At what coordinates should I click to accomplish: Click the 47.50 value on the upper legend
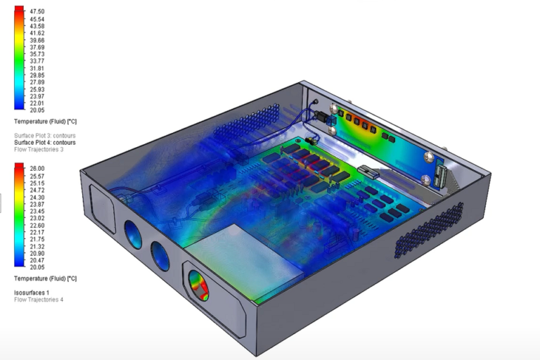pyautogui.click(x=37, y=11)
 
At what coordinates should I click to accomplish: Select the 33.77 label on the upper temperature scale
pyautogui.click(x=37, y=61)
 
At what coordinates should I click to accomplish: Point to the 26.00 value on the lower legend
pyautogui.click(x=37, y=169)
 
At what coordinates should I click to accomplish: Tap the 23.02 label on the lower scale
pyautogui.click(x=37, y=218)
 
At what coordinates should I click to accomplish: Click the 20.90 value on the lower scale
pyautogui.click(x=37, y=253)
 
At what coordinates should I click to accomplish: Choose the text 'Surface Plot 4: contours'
pyautogui.click(x=45, y=142)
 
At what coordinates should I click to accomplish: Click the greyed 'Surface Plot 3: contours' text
pyautogui.click(x=45, y=136)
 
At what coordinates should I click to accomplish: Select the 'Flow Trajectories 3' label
pyautogui.click(x=39, y=149)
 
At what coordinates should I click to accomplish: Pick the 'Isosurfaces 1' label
pyautogui.click(x=32, y=292)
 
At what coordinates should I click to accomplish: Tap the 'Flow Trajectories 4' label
pyautogui.click(x=39, y=300)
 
